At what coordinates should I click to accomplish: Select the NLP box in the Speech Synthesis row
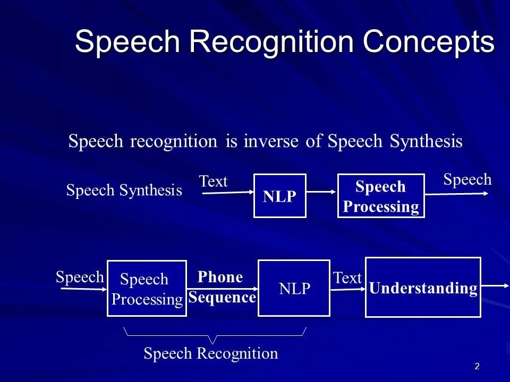pos(279,196)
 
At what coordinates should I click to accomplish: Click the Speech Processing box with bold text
pos(381,196)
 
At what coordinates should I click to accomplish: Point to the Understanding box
pos(423,288)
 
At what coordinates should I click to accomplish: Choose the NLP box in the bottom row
pos(294,288)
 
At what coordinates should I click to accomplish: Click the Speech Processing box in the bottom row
pos(147,289)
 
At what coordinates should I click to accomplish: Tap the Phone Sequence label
pos(222,287)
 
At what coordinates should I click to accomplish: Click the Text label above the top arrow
pos(213,182)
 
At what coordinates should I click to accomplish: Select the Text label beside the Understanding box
pos(347,278)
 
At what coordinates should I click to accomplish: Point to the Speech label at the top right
pos(467,180)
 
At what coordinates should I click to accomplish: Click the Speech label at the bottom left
pos(80,277)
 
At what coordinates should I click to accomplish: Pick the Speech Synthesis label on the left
pos(124,190)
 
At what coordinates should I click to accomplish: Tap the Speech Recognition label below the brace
pos(211,354)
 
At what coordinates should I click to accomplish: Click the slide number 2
pos(477,366)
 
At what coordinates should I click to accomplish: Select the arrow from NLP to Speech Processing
pos(322,192)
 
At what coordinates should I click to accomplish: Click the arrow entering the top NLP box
pos(227,194)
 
